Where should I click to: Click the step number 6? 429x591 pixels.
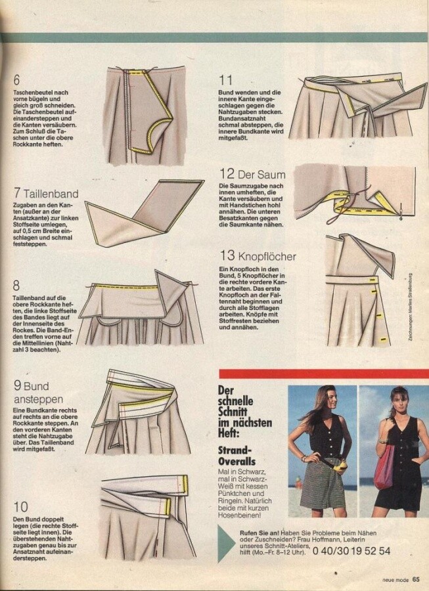16,80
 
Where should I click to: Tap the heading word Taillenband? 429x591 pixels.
51,194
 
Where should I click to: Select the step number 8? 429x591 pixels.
16,286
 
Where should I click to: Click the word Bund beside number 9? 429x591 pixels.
36,386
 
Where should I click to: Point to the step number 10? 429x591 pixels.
21,507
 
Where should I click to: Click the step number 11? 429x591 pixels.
225,80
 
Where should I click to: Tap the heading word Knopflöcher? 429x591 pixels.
267,256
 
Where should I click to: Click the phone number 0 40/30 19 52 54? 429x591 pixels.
351,551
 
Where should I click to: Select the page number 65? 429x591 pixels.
416,579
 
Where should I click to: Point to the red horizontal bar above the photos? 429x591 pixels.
324,374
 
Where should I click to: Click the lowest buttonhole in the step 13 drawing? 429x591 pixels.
384,340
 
